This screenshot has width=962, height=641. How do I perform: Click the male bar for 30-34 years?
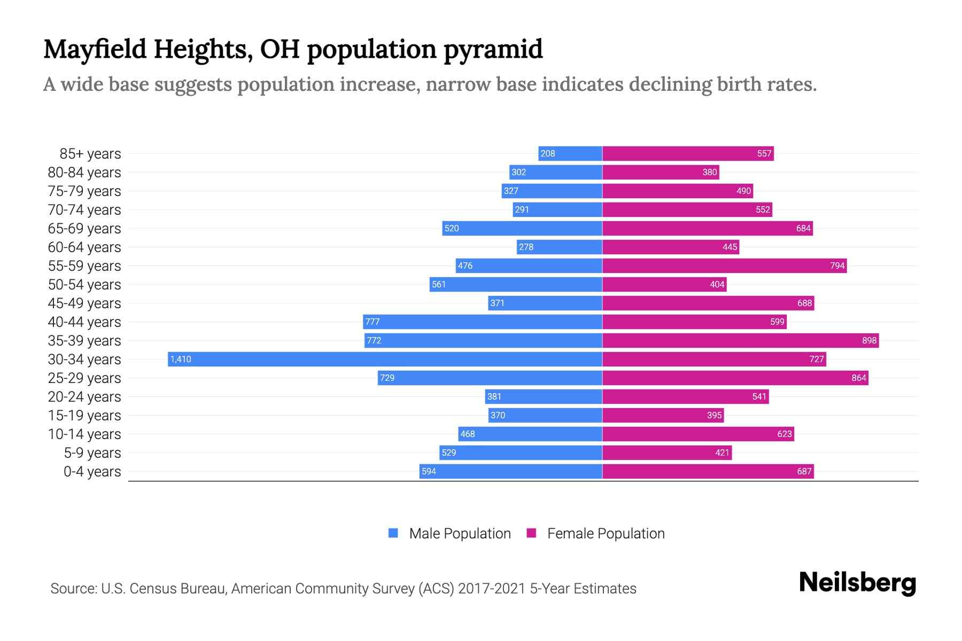(x=385, y=359)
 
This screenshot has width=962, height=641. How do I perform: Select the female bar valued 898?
(x=740, y=340)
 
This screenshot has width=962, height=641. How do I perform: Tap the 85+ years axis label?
(x=90, y=154)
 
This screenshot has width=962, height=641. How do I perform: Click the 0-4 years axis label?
(x=92, y=472)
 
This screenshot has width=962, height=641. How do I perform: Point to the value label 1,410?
(x=181, y=359)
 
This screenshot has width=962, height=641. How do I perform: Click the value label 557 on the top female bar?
(x=764, y=154)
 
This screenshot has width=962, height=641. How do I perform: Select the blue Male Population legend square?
(x=393, y=533)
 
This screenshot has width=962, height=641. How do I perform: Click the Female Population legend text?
(x=606, y=534)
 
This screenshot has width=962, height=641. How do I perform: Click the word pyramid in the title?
(x=493, y=49)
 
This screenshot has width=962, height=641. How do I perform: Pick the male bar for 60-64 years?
(x=559, y=247)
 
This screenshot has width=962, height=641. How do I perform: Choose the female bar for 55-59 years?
(x=724, y=265)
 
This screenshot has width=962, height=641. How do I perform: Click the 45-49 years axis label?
(x=84, y=303)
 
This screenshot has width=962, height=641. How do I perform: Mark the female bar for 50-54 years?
(x=664, y=284)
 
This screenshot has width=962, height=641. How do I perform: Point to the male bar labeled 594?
(x=510, y=471)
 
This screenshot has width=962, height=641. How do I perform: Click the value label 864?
(x=858, y=378)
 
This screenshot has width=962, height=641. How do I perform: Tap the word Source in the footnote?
(x=73, y=589)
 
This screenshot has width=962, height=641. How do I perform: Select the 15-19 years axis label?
(x=84, y=416)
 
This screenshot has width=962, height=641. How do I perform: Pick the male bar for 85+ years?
(x=570, y=154)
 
